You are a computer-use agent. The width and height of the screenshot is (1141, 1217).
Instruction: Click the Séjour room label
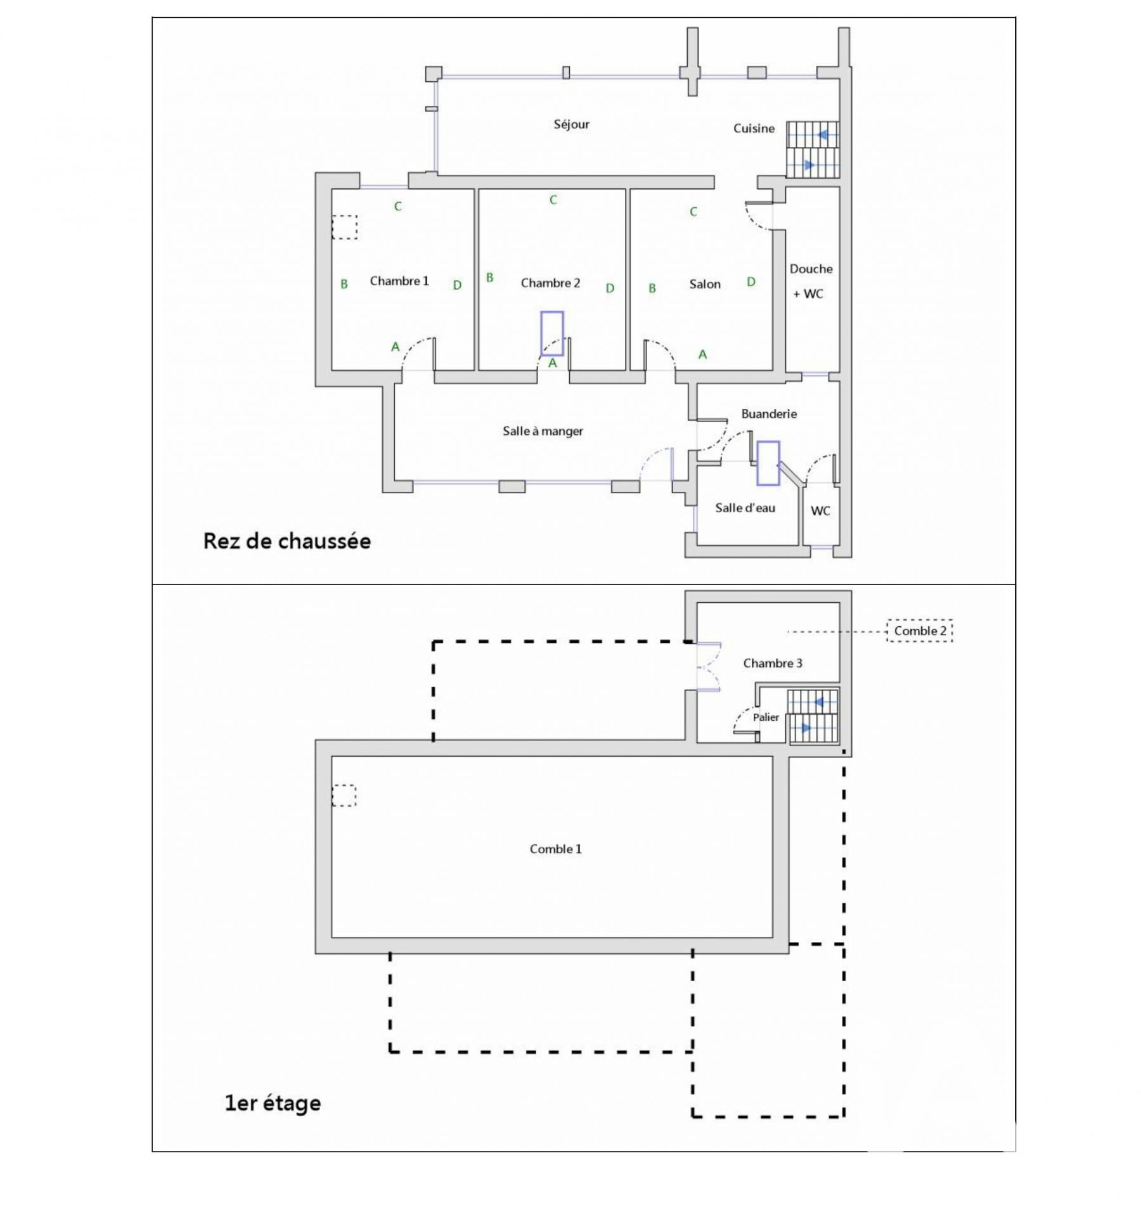click(571, 124)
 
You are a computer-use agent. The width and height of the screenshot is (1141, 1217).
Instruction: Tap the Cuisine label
click(754, 129)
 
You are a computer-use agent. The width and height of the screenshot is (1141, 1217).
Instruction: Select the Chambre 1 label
click(399, 281)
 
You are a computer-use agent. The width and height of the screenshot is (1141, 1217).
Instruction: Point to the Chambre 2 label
click(550, 283)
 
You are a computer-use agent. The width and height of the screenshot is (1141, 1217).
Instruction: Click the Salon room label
click(705, 285)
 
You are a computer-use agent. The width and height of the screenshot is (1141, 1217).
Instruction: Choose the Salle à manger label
click(543, 431)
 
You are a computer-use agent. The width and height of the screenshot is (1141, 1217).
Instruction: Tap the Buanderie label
click(769, 414)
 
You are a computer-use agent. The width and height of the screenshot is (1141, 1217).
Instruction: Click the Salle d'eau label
click(745, 508)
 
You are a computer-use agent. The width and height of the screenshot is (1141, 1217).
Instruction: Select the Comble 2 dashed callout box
click(920, 631)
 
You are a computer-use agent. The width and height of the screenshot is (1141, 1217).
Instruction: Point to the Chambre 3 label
click(773, 663)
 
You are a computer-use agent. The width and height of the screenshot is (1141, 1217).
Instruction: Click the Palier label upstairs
click(766, 718)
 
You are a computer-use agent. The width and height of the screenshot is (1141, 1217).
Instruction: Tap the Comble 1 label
click(555, 849)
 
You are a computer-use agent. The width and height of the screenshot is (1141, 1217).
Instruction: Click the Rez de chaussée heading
click(287, 541)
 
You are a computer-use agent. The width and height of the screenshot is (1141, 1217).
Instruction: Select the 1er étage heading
click(273, 1104)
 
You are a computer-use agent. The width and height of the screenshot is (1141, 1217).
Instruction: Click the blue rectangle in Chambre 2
click(552, 333)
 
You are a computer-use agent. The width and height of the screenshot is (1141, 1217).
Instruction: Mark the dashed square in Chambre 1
click(345, 227)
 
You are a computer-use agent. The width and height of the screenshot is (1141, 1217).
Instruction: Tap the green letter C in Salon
click(693, 212)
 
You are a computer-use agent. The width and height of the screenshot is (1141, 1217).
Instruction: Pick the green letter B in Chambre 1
click(344, 285)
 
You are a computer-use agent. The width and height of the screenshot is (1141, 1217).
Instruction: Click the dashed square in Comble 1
click(344, 795)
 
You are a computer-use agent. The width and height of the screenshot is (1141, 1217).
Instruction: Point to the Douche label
click(811, 269)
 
